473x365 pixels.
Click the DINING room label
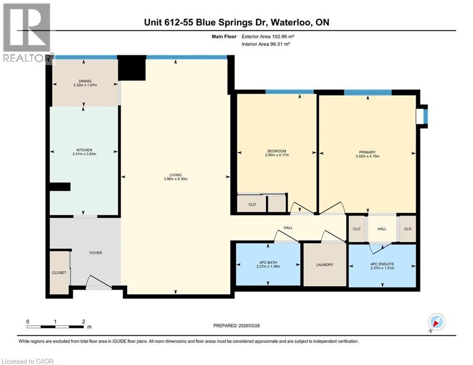click(x=86, y=81)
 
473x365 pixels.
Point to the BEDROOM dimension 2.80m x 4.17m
click(x=277, y=154)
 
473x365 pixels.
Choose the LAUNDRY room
click(x=325, y=265)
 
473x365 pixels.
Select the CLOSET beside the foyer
click(x=59, y=272)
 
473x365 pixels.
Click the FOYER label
click(x=96, y=253)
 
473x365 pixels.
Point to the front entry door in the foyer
click(x=98, y=283)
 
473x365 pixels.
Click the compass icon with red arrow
click(x=435, y=322)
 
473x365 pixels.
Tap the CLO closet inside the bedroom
click(x=252, y=204)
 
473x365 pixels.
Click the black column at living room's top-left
click(x=131, y=68)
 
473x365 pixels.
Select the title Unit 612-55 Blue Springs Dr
click(x=236, y=22)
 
